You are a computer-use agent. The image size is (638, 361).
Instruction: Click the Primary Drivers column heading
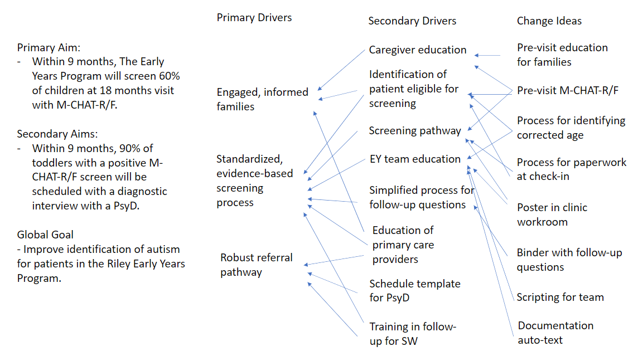pyautogui.click(x=254, y=17)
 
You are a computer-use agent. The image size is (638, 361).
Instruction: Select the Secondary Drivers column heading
pyautogui.click(x=412, y=21)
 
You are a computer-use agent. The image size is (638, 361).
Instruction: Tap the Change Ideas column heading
pyautogui.click(x=549, y=21)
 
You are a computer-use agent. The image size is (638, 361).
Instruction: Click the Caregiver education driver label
pyautogui.click(x=418, y=50)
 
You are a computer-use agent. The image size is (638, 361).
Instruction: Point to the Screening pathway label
pyautogui.click(x=414, y=130)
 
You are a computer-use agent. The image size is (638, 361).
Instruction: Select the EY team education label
pyautogui.click(x=415, y=159)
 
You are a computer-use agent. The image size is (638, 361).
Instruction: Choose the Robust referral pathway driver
pyautogui.click(x=257, y=265)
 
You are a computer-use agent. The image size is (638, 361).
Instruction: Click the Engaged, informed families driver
pyautogui.click(x=263, y=99)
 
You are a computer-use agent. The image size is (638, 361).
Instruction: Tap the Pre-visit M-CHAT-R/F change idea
pyautogui.click(x=568, y=90)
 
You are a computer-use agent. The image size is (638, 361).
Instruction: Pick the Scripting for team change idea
pyautogui.click(x=560, y=297)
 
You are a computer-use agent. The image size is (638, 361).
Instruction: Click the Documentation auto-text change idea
pyautogui.click(x=555, y=333)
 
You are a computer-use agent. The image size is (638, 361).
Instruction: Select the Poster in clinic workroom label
pyautogui.click(x=552, y=214)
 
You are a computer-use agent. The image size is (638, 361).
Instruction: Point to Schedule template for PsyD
pyautogui.click(x=414, y=291)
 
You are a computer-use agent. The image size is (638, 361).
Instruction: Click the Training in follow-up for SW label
pyautogui.click(x=413, y=334)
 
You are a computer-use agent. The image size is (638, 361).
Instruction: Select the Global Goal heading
pyautogui.click(x=45, y=235)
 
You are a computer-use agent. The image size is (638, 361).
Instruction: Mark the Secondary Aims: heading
pyautogui.click(x=57, y=134)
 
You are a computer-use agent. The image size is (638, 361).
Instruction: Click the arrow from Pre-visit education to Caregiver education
pyautogui.click(x=487, y=55)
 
